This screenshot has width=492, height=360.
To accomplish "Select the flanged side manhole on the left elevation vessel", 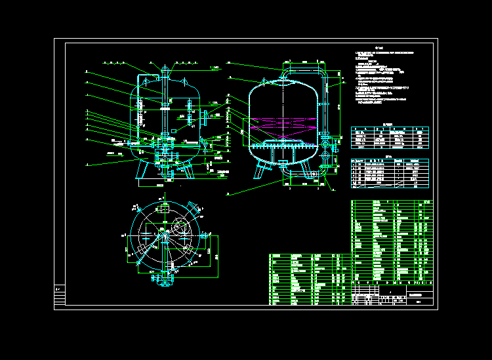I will tap(205, 117).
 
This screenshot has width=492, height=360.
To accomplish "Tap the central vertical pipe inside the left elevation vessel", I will tap(163, 108).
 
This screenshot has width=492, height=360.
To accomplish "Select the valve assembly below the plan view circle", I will tap(163, 278).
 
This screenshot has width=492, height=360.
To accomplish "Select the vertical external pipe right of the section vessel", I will tap(325, 105).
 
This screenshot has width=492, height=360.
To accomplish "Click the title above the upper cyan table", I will tap(388, 123).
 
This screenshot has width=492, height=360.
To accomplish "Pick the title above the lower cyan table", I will tap(388, 156).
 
